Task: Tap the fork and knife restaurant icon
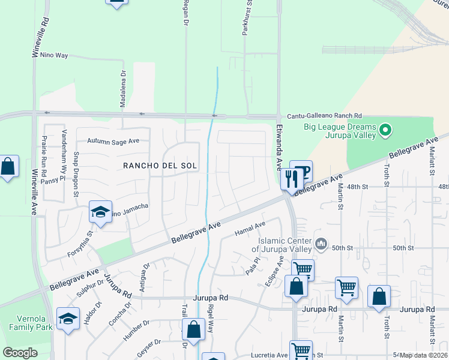point(291,178)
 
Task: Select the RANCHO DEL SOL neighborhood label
point(160,165)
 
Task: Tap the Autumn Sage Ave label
point(113,141)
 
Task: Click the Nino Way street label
point(53,55)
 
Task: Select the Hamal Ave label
point(250,227)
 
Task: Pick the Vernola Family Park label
point(26,323)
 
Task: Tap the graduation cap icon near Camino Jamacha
point(100,211)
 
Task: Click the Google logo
point(20,353)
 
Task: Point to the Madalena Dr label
point(123,89)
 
